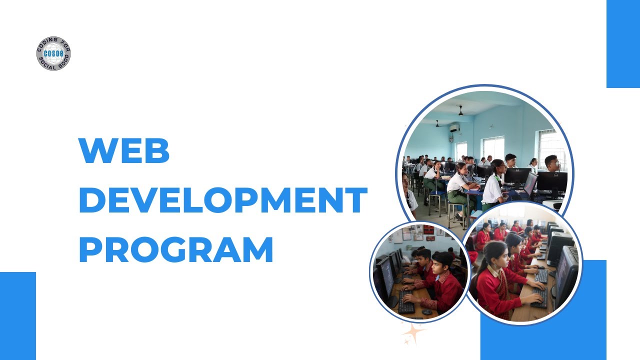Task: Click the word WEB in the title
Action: (124, 150)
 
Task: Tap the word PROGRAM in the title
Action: (176, 250)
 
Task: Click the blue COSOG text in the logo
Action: (53, 53)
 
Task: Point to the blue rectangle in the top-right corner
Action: (623, 44)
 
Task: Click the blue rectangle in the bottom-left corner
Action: (18, 315)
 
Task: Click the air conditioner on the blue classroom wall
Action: (454, 128)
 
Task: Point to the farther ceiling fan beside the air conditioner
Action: (437, 123)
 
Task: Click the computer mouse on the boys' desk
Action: (426, 311)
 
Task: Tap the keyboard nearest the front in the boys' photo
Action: (405, 306)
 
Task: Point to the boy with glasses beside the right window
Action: (551, 163)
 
